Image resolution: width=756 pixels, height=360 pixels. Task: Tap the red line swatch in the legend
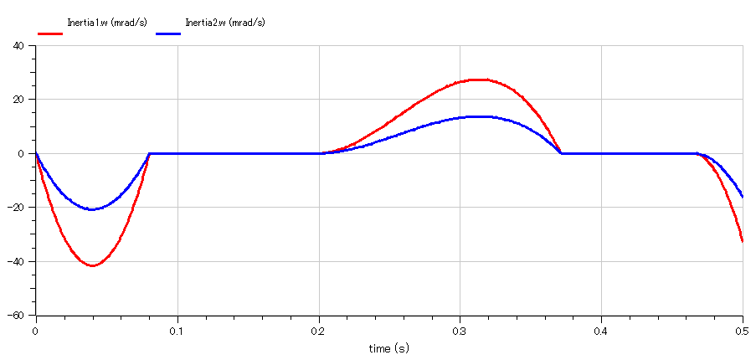pos(50,33)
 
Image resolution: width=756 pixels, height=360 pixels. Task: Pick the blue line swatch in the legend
pos(168,33)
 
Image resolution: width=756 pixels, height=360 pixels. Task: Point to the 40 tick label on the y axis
pos(18,46)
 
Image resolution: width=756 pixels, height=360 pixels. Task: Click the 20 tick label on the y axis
pos(18,100)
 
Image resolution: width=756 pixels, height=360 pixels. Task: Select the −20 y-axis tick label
pos(16,208)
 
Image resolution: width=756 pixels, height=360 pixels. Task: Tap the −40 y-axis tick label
pos(16,262)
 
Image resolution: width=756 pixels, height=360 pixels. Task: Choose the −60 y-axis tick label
pos(16,316)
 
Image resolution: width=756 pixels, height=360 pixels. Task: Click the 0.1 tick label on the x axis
pos(177,331)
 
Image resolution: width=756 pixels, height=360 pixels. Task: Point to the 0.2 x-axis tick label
pos(319,331)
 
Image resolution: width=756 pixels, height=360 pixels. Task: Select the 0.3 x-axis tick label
pos(460,331)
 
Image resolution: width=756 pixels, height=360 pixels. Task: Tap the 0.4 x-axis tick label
pos(601,331)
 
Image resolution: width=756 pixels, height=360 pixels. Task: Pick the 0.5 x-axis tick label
pos(742,331)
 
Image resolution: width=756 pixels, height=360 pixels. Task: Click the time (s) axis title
pos(389,347)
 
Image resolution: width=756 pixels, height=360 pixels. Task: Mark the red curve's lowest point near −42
pos(92,266)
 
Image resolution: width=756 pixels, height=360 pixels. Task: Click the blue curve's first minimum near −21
pos(91,209)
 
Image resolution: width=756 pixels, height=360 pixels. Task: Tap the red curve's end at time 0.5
pos(743,241)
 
